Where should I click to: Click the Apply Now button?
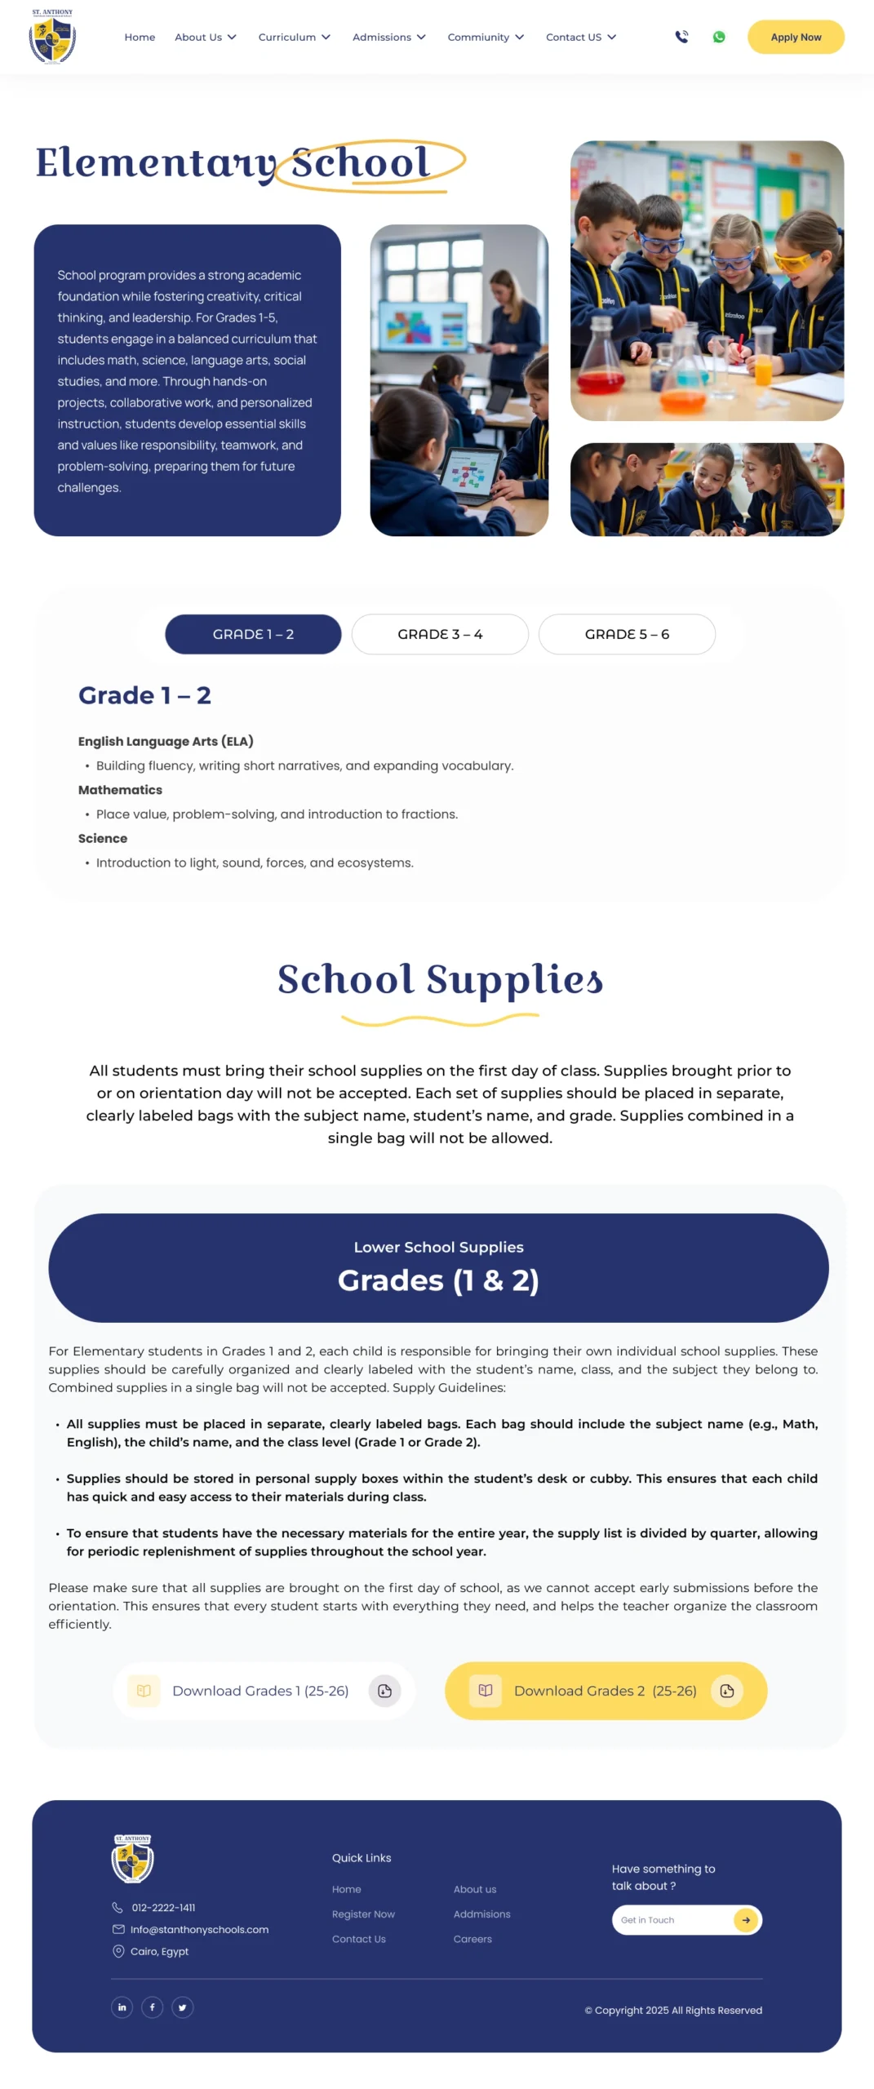coord(795,37)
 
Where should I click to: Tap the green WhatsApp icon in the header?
coord(718,37)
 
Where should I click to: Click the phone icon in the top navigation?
coord(681,37)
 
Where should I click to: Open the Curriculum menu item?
coord(294,37)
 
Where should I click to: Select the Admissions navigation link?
coord(388,37)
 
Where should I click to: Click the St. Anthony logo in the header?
coord(52,38)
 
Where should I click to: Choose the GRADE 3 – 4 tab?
coord(440,634)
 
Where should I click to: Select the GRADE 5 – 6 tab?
coord(627,634)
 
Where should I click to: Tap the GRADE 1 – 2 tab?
coord(253,634)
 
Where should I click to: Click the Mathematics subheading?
coord(120,790)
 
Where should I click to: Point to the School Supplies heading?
coord(440,979)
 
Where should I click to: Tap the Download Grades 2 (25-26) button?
coord(606,1691)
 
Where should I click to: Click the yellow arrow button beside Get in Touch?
coord(745,1920)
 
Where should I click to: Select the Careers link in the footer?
coord(472,1939)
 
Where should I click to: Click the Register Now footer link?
coord(363,1914)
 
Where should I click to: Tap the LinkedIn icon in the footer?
coord(122,2007)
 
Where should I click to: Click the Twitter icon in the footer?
coord(182,2007)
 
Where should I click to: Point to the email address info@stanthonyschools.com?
coord(199,1930)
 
